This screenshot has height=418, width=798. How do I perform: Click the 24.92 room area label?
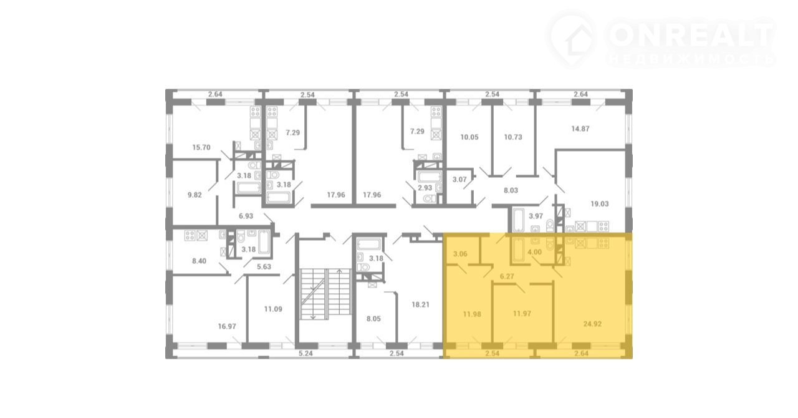[592, 324]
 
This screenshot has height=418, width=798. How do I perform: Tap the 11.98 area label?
[472, 314]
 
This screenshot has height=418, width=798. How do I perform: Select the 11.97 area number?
[522, 313]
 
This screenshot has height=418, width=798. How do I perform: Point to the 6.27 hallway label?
[507, 276]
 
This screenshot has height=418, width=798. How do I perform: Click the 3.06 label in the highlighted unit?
[460, 254]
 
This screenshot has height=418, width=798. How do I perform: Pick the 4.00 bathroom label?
[534, 252]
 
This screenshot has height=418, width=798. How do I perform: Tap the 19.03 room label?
[600, 204]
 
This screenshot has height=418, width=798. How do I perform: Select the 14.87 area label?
[580, 129]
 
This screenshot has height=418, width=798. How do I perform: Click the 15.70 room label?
[201, 147]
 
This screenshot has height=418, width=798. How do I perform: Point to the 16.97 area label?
[227, 326]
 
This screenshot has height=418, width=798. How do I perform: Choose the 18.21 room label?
[420, 304]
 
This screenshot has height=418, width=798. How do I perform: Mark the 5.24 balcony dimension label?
[305, 354]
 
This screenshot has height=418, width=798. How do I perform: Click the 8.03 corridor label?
[511, 190]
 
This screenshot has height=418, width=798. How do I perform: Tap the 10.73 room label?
[513, 137]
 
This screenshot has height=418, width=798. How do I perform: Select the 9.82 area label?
[195, 195]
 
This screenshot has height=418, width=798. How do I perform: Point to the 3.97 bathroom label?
[536, 216]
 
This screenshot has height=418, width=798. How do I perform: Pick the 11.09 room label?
[273, 309]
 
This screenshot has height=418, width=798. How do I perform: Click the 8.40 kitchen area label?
[199, 261]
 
